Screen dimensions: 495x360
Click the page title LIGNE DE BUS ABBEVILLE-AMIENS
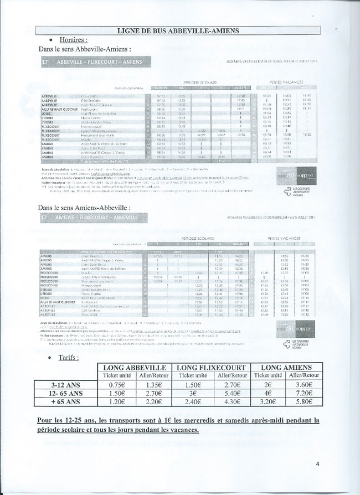coord(180,30)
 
